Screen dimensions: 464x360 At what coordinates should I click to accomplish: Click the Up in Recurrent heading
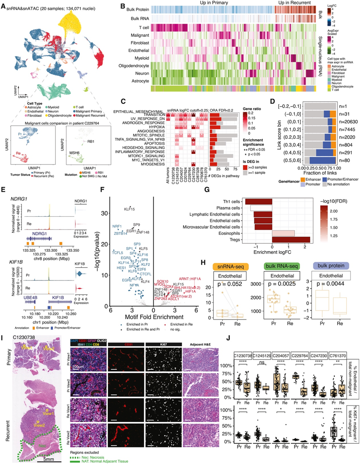click(x=294, y=4)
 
